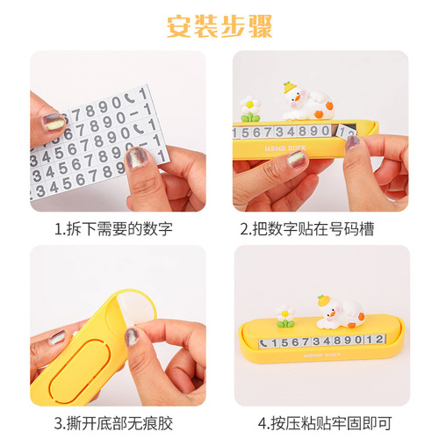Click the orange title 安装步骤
pyautogui.click(x=219, y=26)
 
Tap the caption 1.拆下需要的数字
pyautogui.click(x=113, y=229)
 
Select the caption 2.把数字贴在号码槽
pyautogui.click(x=307, y=229)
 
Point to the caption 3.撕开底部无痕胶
pyautogui.click(x=113, y=423)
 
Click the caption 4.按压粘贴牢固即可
pyautogui.click(x=325, y=423)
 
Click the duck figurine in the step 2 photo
pyautogui.click(x=308, y=102)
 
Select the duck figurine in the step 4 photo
pyautogui.click(x=340, y=312)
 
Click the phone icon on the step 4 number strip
pyautogui.click(x=263, y=343)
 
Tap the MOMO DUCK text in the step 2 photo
pyautogui.click(x=285, y=148)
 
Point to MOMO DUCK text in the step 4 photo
pyautogui.click(x=322, y=355)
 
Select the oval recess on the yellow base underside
pyautogui.click(x=81, y=371)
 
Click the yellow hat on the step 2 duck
pyautogui.click(x=290, y=87)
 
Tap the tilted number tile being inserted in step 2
pyautogui.click(x=346, y=132)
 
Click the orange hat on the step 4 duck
pyautogui.click(x=324, y=300)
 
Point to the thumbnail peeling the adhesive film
pyautogui.click(x=132, y=337)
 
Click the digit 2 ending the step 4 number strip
pyautogui.click(x=379, y=339)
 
